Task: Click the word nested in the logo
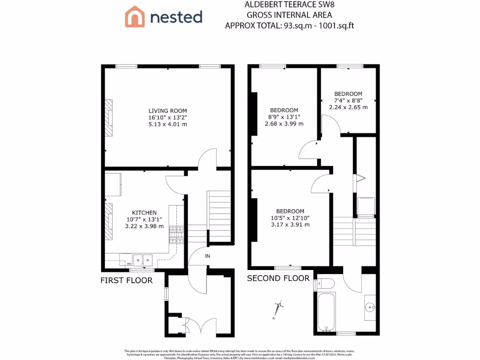pos(176,17)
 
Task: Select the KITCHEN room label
pos(144,212)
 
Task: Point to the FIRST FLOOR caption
pos(127,280)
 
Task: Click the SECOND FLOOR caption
pos(278,278)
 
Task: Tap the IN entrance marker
pos(207,256)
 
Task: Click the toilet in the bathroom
pos(325,284)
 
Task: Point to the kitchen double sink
pos(142,259)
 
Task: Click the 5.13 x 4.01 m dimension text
pos(167,124)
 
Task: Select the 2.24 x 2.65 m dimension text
pos(348,107)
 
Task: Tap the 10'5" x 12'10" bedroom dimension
pos(290,217)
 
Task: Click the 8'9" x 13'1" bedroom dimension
pos(284,117)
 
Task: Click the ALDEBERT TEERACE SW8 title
pos(289,5)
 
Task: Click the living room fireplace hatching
pos(108,118)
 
